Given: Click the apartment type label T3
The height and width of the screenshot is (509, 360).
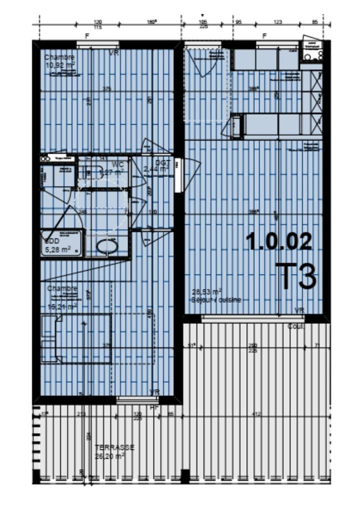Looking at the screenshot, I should click(296, 276).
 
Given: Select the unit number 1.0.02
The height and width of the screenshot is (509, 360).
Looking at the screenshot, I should click(279, 241).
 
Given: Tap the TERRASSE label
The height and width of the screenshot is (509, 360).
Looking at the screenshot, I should click(114, 447).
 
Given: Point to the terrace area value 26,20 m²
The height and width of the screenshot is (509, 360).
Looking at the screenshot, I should click(109, 456).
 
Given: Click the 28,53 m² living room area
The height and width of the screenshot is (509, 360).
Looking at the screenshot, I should click(207, 291).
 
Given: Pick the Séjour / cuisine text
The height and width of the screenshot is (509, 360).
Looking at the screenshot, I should click(215, 299).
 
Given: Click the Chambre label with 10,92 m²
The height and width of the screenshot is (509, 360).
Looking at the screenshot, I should click(60, 57).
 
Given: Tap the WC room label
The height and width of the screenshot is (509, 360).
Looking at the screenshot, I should click(117, 164).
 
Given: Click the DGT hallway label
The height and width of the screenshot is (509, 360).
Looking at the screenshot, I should click(161, 163).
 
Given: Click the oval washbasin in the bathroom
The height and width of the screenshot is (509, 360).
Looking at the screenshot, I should click(106, 246).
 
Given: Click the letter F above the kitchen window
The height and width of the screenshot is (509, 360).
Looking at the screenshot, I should click(265, 36).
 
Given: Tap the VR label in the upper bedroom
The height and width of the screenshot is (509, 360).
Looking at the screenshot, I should click(114, 52).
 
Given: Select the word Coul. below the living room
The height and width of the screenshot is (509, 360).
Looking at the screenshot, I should click(295, 326).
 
